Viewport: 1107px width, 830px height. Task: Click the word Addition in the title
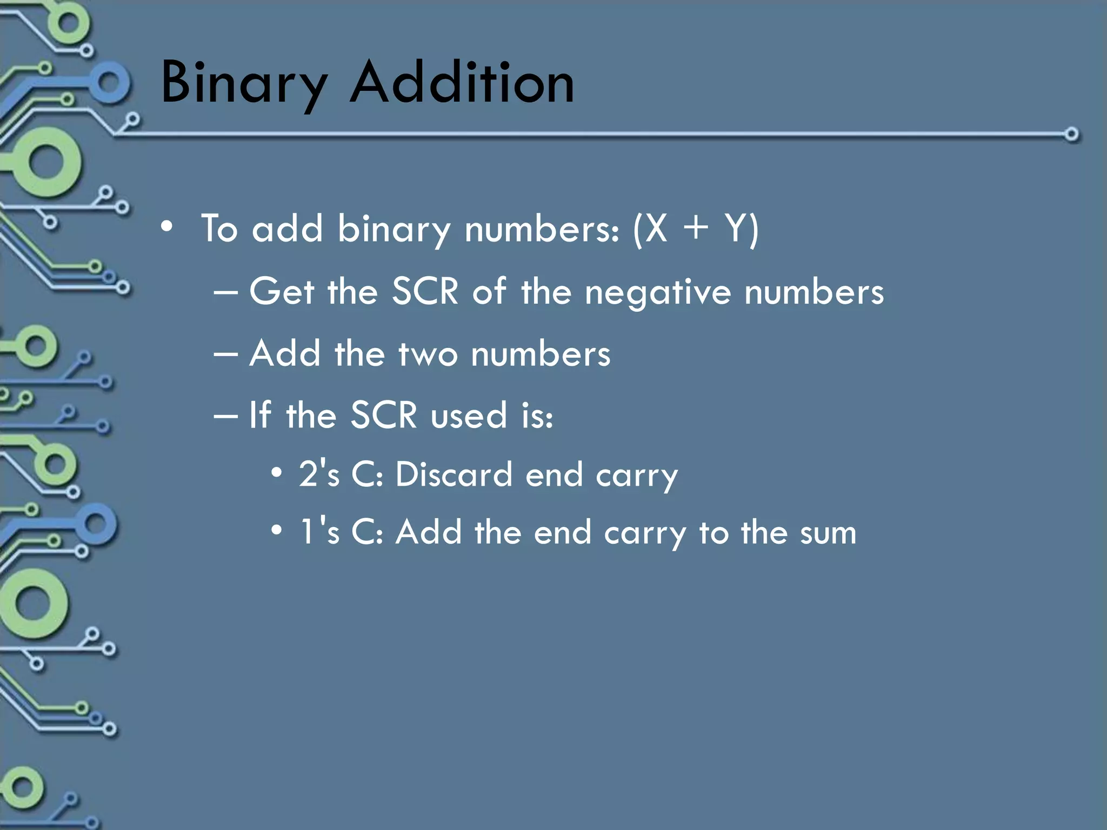coord(463,82)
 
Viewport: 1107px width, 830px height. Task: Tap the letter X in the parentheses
coord(656,229)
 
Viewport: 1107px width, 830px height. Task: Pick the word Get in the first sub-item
coord(282,292)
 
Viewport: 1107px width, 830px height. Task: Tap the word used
coord(469,416)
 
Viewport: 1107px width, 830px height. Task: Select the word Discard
coord(454,475)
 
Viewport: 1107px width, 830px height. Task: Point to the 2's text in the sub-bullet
coord(319,474)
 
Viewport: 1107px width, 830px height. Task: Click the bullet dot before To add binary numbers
coord(167,227)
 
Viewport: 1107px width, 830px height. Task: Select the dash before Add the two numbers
coord(225,354)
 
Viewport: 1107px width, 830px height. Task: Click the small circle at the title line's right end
coord(1071,134)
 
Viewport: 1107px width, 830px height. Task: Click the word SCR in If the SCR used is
coord(384,416)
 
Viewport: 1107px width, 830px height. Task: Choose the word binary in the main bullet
coord(394,229)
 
